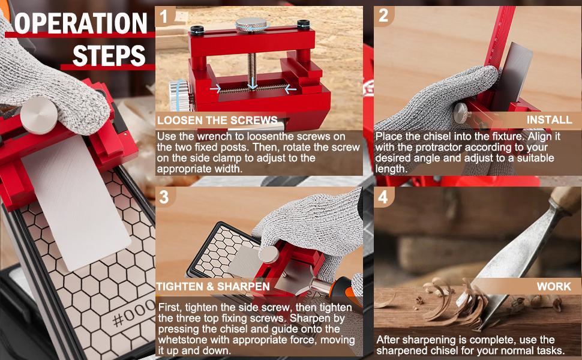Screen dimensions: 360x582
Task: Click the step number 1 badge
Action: click(x=165, y=16)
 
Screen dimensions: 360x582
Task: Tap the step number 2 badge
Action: click(x=384, y=16)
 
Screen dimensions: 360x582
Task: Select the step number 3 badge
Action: click(x=165, y=197)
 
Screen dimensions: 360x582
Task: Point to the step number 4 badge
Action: click(x=384, y=197)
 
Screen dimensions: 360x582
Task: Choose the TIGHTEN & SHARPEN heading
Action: click(x=213, y=287)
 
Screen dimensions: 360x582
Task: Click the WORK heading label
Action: click(x=554, y=287)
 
